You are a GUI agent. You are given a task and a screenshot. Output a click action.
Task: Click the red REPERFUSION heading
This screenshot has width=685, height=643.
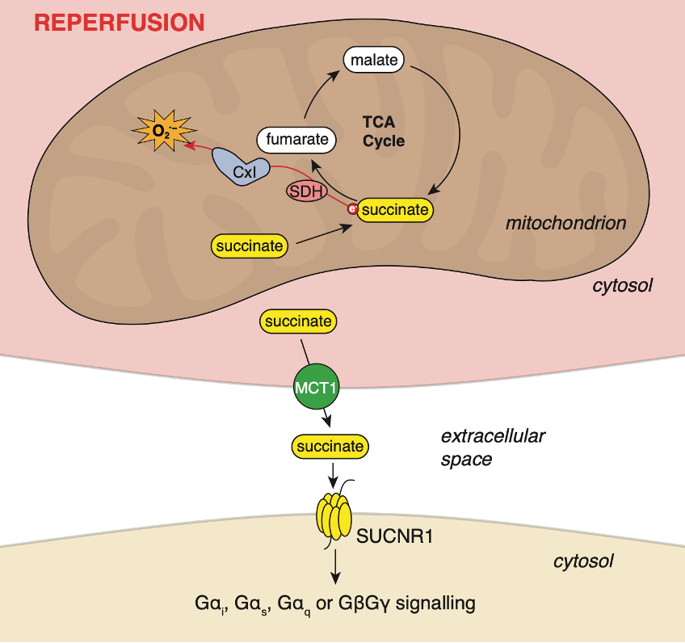click(x=119, y=22)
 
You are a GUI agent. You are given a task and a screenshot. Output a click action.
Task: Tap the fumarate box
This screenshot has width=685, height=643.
click(x=296, y=140)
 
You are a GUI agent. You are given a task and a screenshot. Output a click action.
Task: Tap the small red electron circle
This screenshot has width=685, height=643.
click(x=352, y=209)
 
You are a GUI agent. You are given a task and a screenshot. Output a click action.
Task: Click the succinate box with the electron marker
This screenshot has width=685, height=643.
click(x=394, y=210)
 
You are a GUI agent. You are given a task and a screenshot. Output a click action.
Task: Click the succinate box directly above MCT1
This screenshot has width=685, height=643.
click(x=298, y=321)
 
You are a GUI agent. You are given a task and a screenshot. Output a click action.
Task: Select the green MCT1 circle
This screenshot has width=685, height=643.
click(x=315, y=388)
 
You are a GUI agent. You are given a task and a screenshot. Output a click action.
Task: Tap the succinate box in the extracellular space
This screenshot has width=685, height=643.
click(x=330, y=445)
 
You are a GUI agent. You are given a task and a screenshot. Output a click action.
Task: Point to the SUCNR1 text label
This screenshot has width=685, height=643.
click(x=395, y=534)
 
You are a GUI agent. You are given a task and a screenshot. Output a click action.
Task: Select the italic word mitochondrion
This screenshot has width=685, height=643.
click(x=565, y=223)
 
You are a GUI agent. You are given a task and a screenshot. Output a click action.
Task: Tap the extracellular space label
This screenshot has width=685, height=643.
click(x=493, y=448)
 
